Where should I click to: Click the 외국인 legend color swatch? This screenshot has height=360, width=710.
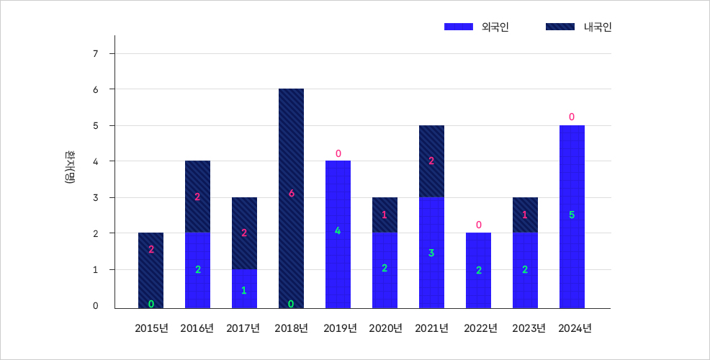point(459,27)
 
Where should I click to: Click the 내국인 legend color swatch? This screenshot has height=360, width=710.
point(560,27)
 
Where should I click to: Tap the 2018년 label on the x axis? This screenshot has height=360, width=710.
point(291,328)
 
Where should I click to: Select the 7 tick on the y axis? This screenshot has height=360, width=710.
point(95,53)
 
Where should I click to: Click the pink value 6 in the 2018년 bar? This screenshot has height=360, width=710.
point(291,193)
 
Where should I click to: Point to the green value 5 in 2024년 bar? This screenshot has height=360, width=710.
point(572,215)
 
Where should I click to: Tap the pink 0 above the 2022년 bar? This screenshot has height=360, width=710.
point(478,225)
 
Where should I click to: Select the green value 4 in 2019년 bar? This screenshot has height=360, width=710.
point(338,231)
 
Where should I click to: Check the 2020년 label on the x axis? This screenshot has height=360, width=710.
point(385,328)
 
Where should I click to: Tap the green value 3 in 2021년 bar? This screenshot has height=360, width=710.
point(431,253)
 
